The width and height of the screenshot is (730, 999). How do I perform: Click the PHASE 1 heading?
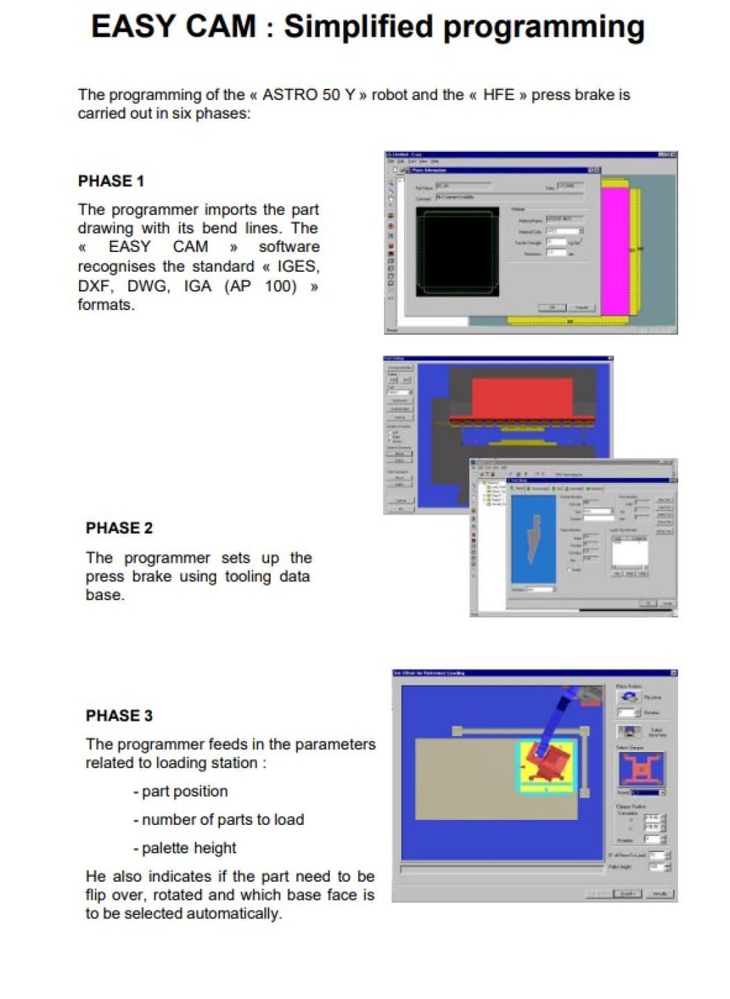[111, 181]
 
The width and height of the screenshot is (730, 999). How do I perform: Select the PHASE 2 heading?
[119, 528]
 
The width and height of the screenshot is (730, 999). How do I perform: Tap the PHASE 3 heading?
[119, 715]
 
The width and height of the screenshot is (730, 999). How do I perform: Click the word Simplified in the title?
[359, 26]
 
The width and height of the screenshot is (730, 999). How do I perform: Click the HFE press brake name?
[498, 94]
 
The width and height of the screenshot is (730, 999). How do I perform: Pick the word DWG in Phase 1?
[148, 286]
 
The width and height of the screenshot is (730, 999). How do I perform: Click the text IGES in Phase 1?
[297, 266]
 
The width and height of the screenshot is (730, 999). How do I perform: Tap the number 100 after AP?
[280, 286]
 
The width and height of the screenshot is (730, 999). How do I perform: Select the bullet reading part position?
[180, 792]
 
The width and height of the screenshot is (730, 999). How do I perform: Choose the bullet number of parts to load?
[219, 820]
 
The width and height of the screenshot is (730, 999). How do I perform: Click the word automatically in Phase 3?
[233, 914]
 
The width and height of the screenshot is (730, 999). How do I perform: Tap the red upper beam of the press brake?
[522, 398]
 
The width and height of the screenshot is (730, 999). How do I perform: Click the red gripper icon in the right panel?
[640, 769]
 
